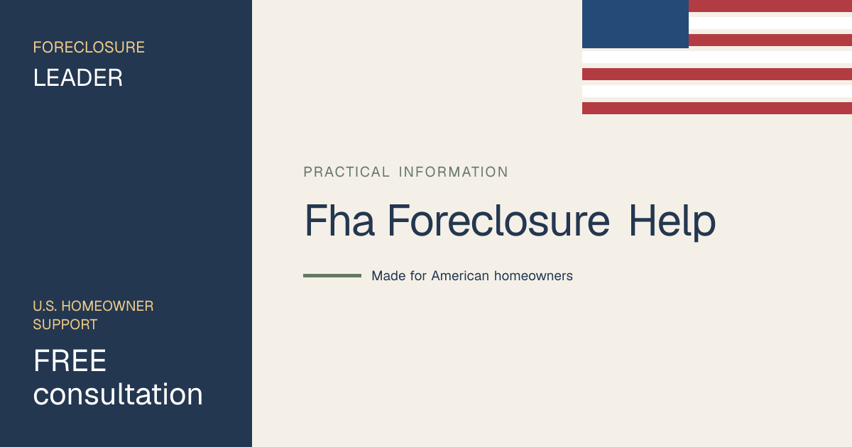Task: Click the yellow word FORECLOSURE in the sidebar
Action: [x=89, y=48]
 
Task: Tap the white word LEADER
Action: [x=78, y=78]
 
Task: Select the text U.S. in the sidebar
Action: [x=45, y=306]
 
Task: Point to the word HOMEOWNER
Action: [x=107, y=306]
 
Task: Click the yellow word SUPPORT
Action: [x=65, y=325]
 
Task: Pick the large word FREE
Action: [x=70, y=360]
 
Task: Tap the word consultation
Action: [x=118, y=394]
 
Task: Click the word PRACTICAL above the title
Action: [x=346, y=172]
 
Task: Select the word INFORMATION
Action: [x=453, y=172]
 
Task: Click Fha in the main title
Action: [x=339, y=221]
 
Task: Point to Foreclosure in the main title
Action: [x=498, y=221]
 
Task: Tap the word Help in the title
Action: [x=672, y=222]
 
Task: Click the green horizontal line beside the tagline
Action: [x=332, y=275]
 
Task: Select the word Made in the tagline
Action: [x=388, y=275]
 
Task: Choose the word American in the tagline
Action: [x=460, y=275]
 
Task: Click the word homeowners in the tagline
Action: [x=533, y=275]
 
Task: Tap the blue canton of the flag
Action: [x=635, y=24]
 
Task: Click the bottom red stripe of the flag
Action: [x=717, y=108]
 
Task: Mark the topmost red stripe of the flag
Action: [x=770, y=6]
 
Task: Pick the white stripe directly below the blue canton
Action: [x=717, y=57]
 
